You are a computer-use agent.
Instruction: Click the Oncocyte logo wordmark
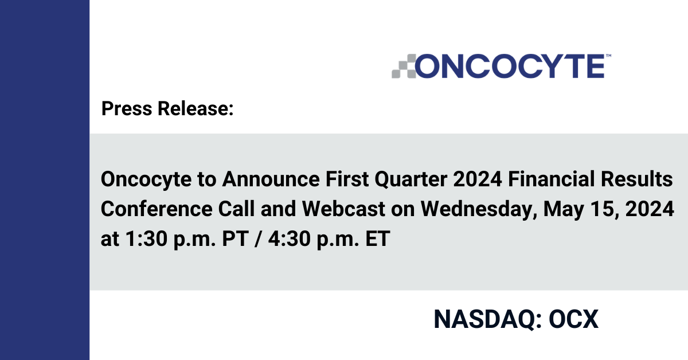pyautogui.click(x=510, y=66)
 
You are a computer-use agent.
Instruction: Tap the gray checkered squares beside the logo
pyautogui.click(x=404, y=66)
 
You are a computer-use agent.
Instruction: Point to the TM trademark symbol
pyautogui.click(x=608, y=56)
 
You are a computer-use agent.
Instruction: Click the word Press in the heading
pyautogui.click(x=127, y=108)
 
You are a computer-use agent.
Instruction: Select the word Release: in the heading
pyautogui.click(x=196, y=108)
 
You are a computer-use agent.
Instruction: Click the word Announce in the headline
pyautogui.click(x=271, y=179)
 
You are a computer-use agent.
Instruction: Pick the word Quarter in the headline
pyautogui.click(x=411, y=179)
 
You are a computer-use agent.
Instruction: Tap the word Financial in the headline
pyautogui.click(x=552, y=179)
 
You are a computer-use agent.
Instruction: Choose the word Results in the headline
pyautogui.click(x=637, y=179)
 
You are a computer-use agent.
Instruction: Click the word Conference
pyautogui.click(x=157, y=209)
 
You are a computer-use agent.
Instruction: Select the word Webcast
pyautogui.click(x=343, y=209)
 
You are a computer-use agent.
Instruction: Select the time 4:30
pyautogui.click(x=290, y=238)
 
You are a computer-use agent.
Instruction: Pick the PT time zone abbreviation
pyautogui.click(x=235, y=238)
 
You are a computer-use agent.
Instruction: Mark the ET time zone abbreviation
pyautogui.click(x=378, y=238)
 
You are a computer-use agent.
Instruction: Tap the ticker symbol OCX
pyautogui.click(x=574, y=319)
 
